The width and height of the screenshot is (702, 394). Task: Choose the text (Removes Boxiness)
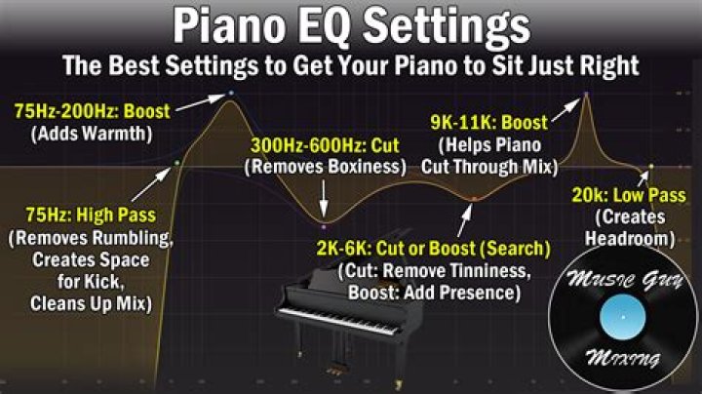(x=325, y=167)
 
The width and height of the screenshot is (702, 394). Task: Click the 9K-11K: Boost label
(x=488, y=124)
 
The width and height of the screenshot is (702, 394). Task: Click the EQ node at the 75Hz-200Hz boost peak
(x=231, y=93)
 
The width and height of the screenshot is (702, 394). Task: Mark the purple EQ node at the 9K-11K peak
(x=586, y=94)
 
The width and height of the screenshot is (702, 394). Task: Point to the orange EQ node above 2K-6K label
(x=474, y=198)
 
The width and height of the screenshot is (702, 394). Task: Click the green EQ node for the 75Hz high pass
(x=175, y=163)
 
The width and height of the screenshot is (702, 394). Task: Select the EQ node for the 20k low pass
(x=651, y=166)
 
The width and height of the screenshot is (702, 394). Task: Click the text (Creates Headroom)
(x=632, y=226)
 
